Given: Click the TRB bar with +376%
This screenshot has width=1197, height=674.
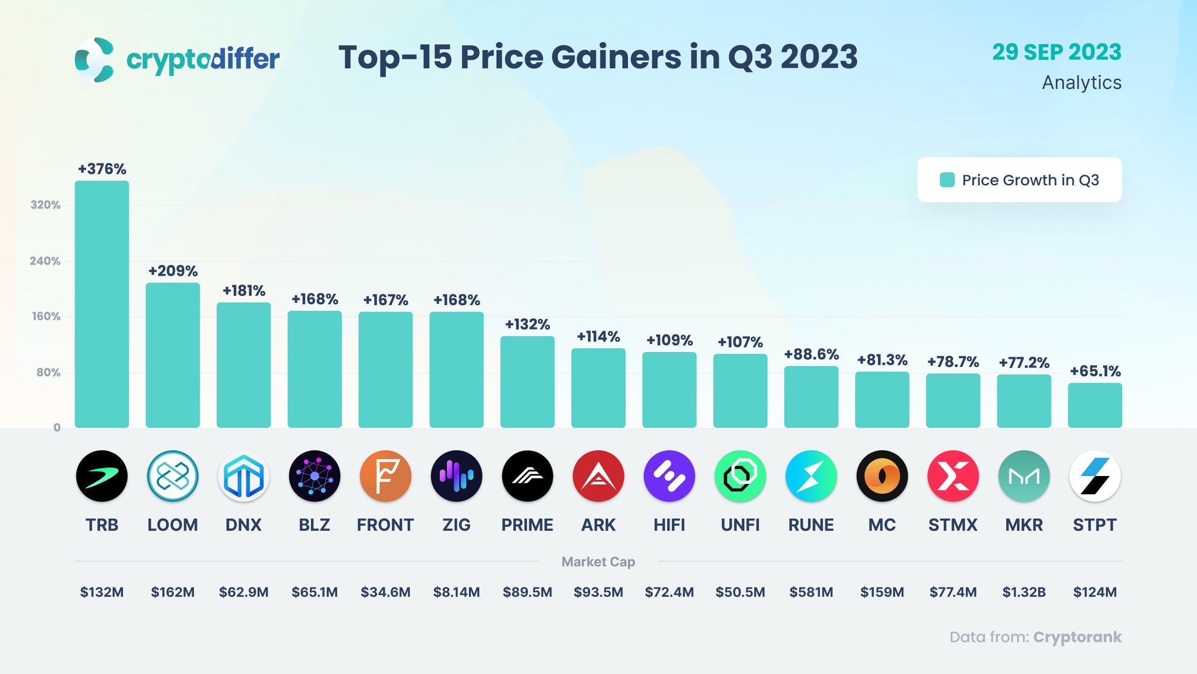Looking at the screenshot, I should pyautogui.click(x=101, y=304).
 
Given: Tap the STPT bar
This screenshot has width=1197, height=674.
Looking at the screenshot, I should pyautogui.click(x=1095, y=405).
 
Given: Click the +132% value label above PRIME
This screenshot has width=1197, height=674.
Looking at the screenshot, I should pyautogui.click(x=527, y=324).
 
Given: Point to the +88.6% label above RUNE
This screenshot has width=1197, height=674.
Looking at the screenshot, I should pyautogui.click(x=811, y=354).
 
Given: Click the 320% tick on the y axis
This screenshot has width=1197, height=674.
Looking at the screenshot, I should pyautogui.click(x=45, y=205).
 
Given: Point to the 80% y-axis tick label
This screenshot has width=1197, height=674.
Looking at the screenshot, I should pyautogui.click(x=48, y=373).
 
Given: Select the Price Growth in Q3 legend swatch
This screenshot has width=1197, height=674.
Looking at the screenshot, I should pyautogui.click(x=947, y=180).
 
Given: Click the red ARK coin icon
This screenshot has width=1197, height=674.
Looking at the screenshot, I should pyautogui.click(x=598, y=476).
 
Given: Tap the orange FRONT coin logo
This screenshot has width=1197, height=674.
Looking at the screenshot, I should pyautogui.click(x=385, y=476).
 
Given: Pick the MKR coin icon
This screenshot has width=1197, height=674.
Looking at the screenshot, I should pyautogui.click(x=1024, y=476).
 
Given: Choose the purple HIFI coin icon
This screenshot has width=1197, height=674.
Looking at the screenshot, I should pyautogui.click(x=669, y=476).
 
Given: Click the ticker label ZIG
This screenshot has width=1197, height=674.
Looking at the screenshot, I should pyautogui.click(x=456, y=525).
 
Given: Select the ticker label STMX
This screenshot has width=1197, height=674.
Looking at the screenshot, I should pyautogui.click(x=953, y=525).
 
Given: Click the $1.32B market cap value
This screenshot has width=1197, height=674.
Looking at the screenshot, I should pyautogui.click(x=1024, y=592).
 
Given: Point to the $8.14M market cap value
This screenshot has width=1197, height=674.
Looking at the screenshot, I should pyautogui.click(x=456, y=592).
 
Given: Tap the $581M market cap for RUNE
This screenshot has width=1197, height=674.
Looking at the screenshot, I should pyautogui.click(x=811, y=592).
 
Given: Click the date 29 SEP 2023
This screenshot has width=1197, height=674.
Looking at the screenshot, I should pyautogui.click(x=1057, y=52).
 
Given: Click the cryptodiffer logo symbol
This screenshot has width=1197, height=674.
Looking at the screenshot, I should pyautogui.click(x=94, y=60).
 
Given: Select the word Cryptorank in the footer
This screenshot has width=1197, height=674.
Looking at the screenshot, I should pyautogui.click(x=1077, y=637).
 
